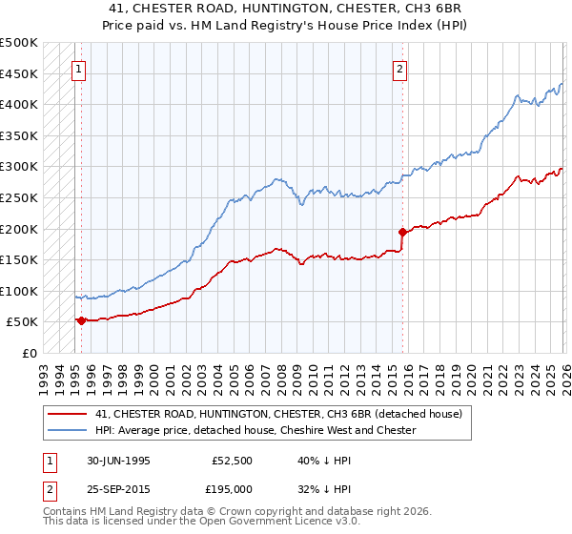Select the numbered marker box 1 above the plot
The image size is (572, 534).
pyautogui.click(x=78, y=68)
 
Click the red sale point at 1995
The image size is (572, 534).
pyautogui.click(x=81, y=320)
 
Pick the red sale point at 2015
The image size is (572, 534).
pyautogui.click(x=402, y=231)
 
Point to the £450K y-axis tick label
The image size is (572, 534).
pyautogui.click(x=19, y=73)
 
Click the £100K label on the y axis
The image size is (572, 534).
pyautogui.click(x=19, y=291)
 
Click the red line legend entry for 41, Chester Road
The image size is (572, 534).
pyautogui.click(x=278, y=414)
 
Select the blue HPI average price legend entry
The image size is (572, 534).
pyautogui.click(x=255, y=430)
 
